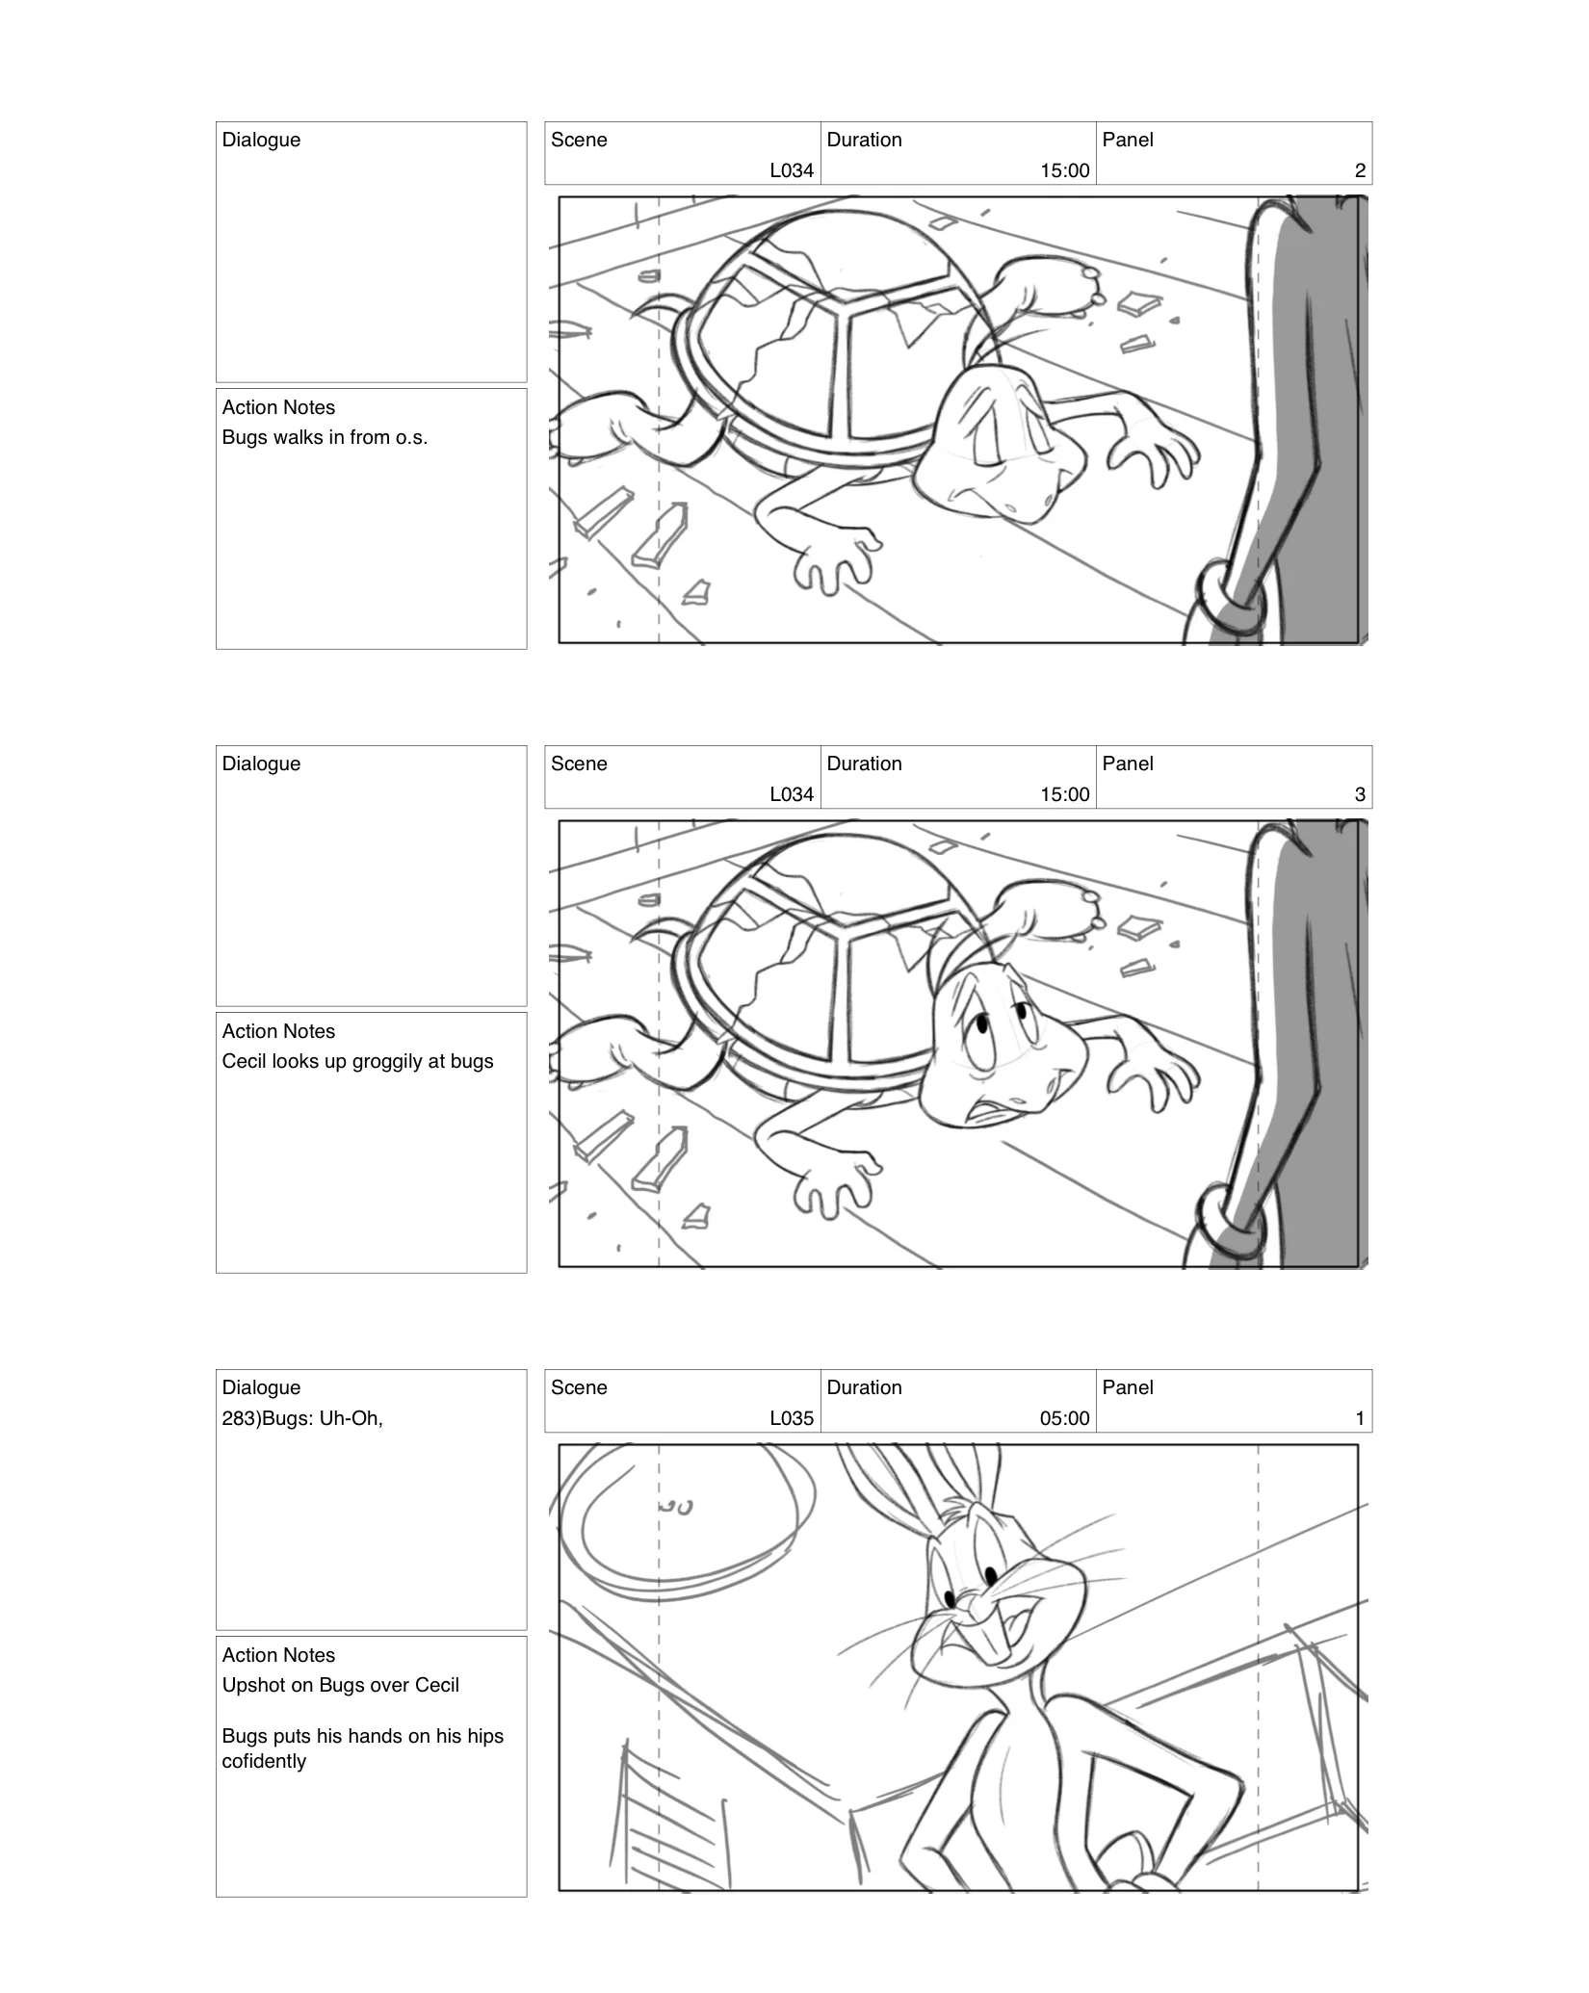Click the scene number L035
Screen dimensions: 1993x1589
pyautogui.click(x=791, y=1418)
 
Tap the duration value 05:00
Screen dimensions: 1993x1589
pyautogui.click(x=1064, y=1418)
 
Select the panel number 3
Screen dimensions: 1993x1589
pyautogui.click(x=1359, y=794)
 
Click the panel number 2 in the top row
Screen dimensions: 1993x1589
pyautogui.click(x=1359, y=170)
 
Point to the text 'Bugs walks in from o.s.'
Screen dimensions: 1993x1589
pyautogui.click(x=325, y=437)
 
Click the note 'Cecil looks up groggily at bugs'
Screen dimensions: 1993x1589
pyautogui.click(x=357, y=1061)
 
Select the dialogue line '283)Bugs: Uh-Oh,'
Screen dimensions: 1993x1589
pyautogui.click(x=302, y=1418)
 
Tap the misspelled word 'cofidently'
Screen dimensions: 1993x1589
pyautogui.click(x=264, y=1761)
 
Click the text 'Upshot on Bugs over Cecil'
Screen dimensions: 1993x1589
pyautogui.click(x=340, y=1685)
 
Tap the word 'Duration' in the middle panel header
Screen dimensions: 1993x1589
pyautogui.click(x=864, y=764)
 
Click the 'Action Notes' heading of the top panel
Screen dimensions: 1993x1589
pyautogui.click(x=278, y=407)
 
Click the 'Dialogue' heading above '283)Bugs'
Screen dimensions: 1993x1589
pyautogui.click(x=261, y=1387)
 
